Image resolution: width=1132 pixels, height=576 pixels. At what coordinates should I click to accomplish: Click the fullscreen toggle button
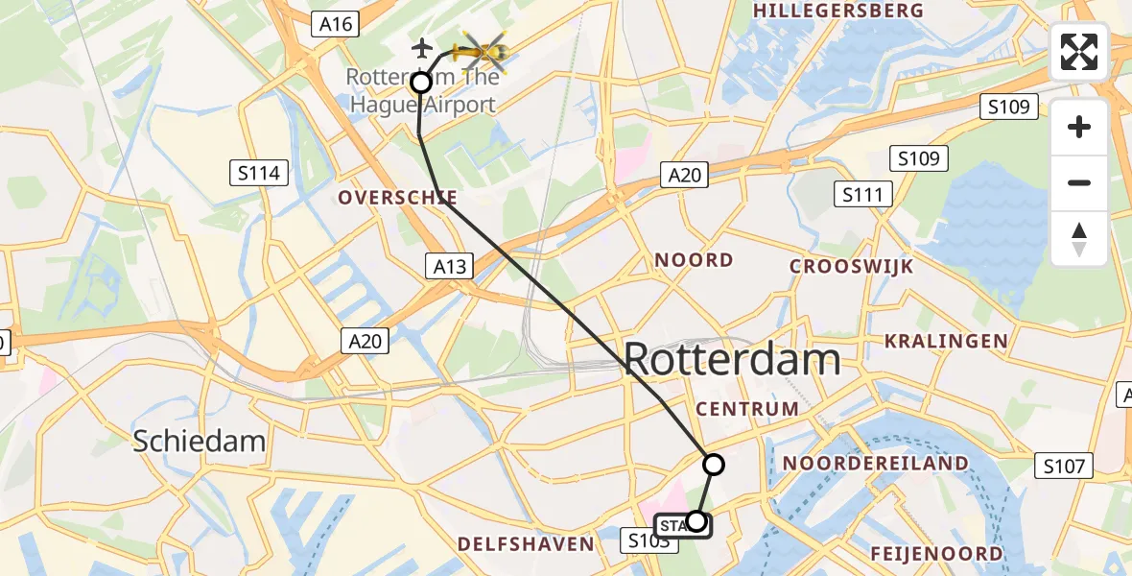[x=1079, y=52]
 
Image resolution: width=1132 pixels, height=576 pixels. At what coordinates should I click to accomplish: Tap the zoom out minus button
[x=1079, y=182]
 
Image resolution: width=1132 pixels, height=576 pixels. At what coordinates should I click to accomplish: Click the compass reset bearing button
[x=1079, y=239]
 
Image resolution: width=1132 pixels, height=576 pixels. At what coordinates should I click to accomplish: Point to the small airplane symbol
[x=421, y=46]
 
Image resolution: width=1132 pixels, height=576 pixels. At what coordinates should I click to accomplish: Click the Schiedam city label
[x=199, y=441]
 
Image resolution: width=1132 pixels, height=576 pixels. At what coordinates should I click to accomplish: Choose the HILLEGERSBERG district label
[x=839, y=11]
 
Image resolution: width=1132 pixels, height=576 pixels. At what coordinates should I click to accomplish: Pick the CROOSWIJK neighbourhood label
[x=851, y=267]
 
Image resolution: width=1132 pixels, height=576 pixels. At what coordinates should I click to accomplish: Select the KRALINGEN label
[x=946, y=341]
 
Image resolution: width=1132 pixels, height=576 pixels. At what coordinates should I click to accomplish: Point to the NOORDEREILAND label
[x=875, y=464]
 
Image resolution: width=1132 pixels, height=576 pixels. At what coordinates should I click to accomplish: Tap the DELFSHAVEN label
[x=526, y=544]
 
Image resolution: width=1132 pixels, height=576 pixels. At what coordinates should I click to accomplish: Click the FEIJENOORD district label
[x=936, y=554]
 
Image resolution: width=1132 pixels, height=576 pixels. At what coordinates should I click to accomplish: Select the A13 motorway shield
[x=450, y=266]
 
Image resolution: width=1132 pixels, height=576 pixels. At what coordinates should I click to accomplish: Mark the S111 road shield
[x=862, y=195]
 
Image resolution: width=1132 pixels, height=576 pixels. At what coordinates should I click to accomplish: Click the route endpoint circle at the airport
[x=421, y=83]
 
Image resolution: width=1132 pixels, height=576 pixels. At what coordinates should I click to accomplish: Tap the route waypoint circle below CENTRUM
[x=713, y=465]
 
